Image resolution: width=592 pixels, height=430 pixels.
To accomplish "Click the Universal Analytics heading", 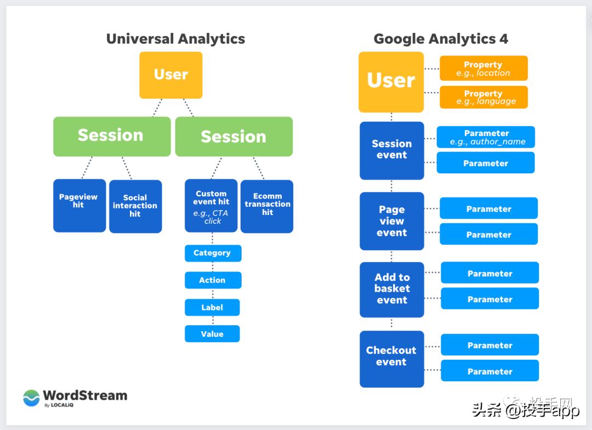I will pyautogui.click(x=175, y=39).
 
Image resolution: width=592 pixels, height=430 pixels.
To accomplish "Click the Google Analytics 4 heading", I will pyautogui.click(x=440, y=39).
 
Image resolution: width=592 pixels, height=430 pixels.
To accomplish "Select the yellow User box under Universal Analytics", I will pyautogui.click(x=170, y=75).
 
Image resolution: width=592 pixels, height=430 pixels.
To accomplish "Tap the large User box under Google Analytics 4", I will pyautogui.click(x=391, y=82).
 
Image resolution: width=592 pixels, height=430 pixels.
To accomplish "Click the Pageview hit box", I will pyautogui.click(x=79, y=205).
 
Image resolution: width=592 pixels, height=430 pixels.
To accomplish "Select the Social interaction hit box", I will pyautogui.click(x=135, y=206).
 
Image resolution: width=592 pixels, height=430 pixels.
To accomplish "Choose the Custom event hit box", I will pyautogui.click(x=211, y=206).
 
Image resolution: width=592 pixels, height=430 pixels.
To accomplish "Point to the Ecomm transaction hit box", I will pyautogui.click(x=267, y=206).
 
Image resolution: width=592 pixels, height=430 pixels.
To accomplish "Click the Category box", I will pyautogui.click(x=212, y=253).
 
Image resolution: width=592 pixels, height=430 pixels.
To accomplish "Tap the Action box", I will pyautogui.click(x=212, y=280).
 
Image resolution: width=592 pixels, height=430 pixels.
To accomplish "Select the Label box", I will pyautogui.click(x=212, y=307).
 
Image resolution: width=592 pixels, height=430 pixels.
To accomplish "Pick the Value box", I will pyautogui.click(x=212, y=333).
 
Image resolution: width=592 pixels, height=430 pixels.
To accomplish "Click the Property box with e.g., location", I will pyautogui.click(x=483, y=69).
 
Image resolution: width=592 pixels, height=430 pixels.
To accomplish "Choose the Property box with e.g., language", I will pyautogui.click(x=483, y=97).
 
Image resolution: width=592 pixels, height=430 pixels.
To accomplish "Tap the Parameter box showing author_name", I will pyautogui.click(x=486, y=137).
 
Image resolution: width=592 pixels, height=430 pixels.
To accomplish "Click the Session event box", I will pyautogui.click(x=391, y=150).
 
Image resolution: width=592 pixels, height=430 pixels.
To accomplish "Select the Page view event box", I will pyautogui.click(x=391, y=221).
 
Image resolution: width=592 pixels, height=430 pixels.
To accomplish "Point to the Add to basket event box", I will pyautogui.click(x=391, y=289).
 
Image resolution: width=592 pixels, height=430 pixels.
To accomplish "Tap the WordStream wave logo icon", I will pyautogui.click(x=31, y=398).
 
